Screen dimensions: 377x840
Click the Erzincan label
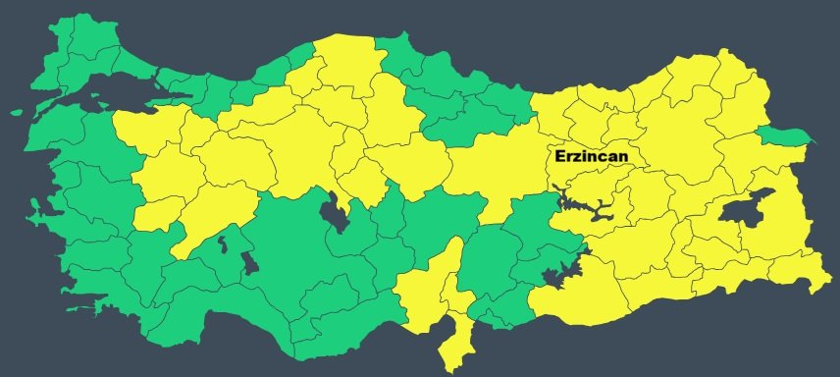coord(591,156)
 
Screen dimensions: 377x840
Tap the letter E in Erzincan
coord(559,156)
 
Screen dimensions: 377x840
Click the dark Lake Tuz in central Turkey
coord(336,212)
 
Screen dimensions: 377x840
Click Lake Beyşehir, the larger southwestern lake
coord(248,262)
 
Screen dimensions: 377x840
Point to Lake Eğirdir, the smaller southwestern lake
coord(224,242)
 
